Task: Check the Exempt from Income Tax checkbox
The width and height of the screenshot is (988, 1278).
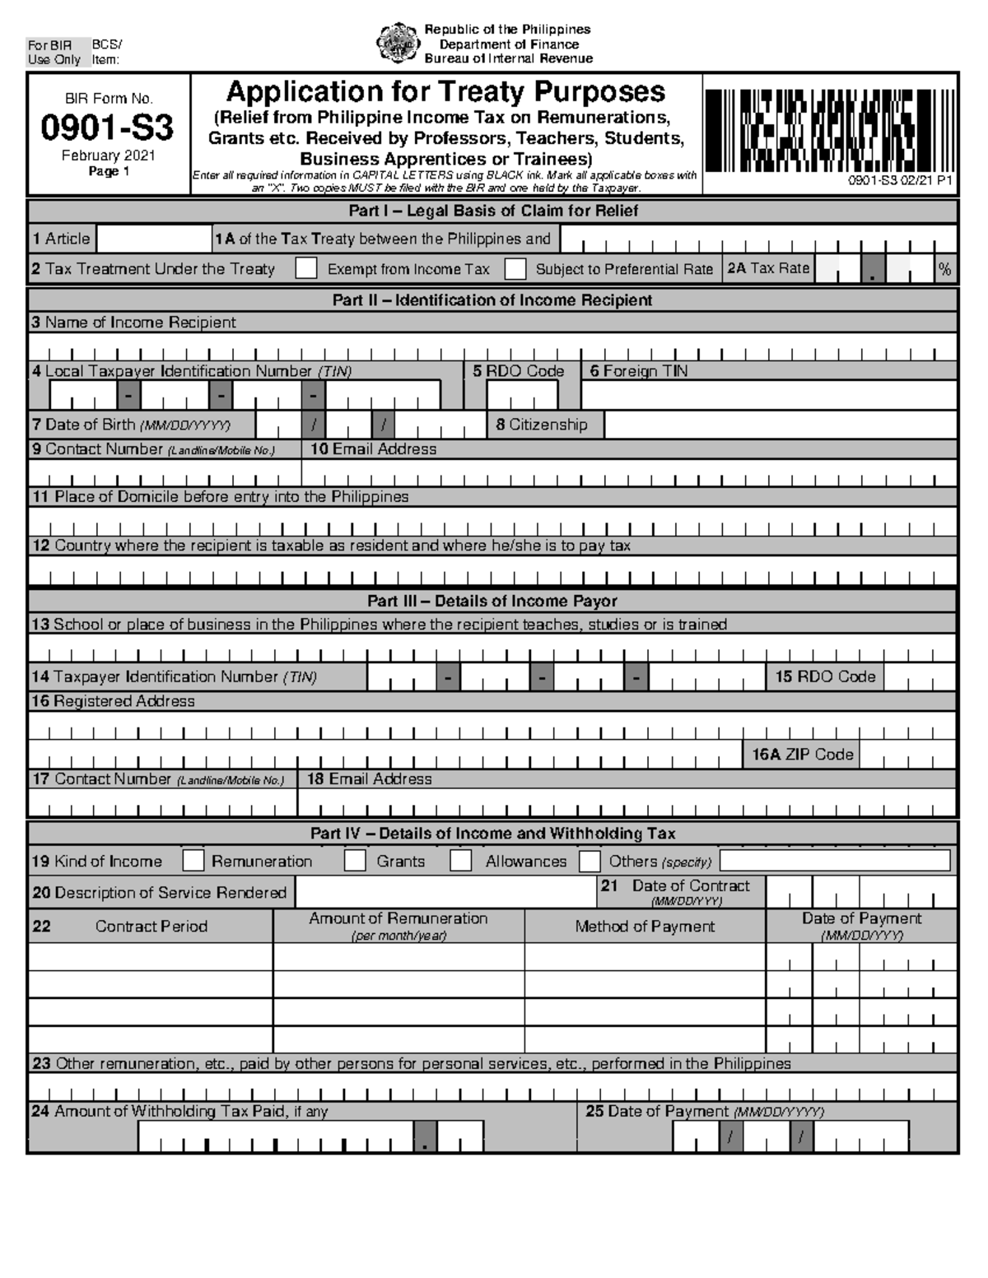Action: pyautogui.click(x=306, y=268)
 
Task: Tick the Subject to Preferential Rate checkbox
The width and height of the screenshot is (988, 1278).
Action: pyautogui.click(x=515, y=268)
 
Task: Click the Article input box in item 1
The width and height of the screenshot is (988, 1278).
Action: pyautogui.click(x=153, y=239)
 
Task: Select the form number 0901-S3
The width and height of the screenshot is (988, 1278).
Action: pyautogui.click(x=108, y=128)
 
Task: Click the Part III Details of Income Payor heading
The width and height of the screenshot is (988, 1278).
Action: pyautogui.click(x=492, y=601)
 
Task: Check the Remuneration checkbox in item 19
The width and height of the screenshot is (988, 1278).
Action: pyautogui.click(x=193, y=861)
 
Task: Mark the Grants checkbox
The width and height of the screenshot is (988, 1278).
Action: pyautogui.click(x=355, y=861)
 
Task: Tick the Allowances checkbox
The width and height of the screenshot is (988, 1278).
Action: pyautogui.click(x=461, y=861)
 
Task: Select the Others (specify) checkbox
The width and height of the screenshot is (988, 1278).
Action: pyautogui.click(x=590, y=861)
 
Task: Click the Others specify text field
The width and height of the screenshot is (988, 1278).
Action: pyautogui.click(x=834, y=861)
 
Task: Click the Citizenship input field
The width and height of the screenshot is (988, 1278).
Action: pyautogui.click(x=779, y=425)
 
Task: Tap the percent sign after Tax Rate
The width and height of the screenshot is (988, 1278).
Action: pyautogui.click(x=944, y=269)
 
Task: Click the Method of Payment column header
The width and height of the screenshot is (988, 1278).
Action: pyautogui.click(x=645, y=927)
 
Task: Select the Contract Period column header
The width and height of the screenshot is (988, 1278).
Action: pyautogui.click(x=151, y=927)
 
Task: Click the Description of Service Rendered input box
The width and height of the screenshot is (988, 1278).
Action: pyautogui.click(x=445, y=892)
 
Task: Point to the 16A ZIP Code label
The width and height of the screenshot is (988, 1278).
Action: pyautogui.click(x=802, y=754)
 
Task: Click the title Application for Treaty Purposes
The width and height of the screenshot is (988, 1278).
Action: pyautogui.click(x=445, y=91)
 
